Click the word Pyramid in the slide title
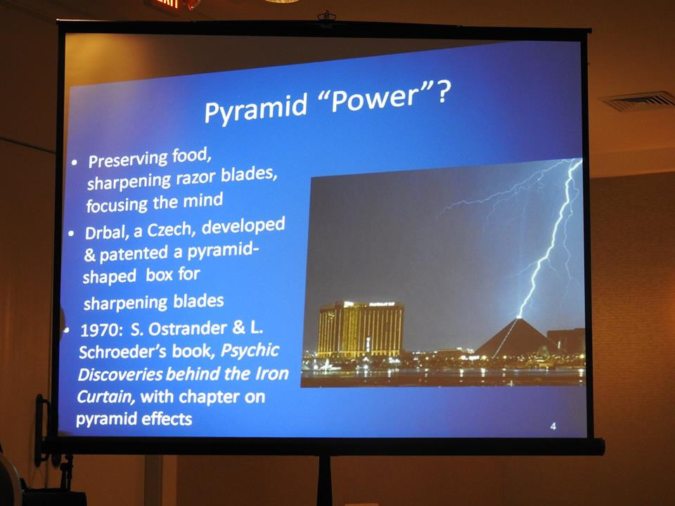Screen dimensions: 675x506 point(256,108)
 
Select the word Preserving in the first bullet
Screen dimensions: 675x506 point(127,159)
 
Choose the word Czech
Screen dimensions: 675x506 point(171,229)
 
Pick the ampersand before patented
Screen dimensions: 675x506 point(90,256)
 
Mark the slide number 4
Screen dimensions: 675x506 point(553,426)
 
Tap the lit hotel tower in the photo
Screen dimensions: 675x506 point(361,329)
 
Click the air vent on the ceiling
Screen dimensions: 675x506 point(640,101)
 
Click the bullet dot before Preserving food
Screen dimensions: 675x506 point(75,163)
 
